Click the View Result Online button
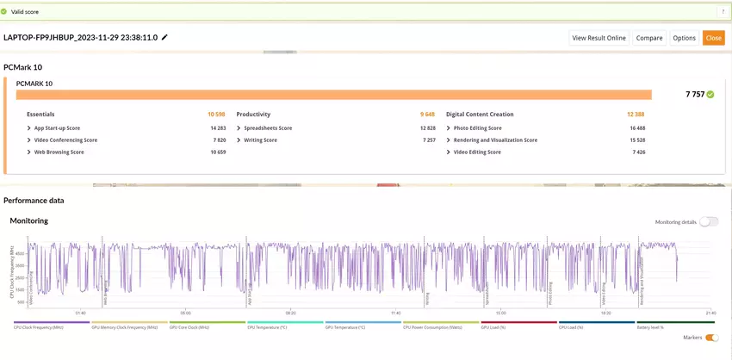pyautogui.click(x=599, y=38)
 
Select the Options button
pyautogui.click(x=685, y=38)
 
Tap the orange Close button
pyautogui.click(x=713, y=38)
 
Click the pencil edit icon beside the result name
pyautogui.click(x=164, y=38)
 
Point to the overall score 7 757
pyautogui.click(x=694, y=94)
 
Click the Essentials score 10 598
pyautogui.click(x=216, y=115)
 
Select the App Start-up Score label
pyautogui.click(x=57, y=127)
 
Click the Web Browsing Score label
pyautogui.click(x=59, y=152)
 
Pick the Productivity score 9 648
pyautogui.click(x=427, y=115)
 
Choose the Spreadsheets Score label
pyautogui.click(x=268, y=127)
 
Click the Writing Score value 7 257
pyautogui.click(x=428, y=140)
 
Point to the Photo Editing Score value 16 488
pyautogui.click(x=637, y=127)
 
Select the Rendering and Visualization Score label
pyautogui.click(x=495, y=140)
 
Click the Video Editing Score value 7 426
pyautogui.click(x=638, y=152)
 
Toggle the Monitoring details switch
pyautogui.click(x=708, y=221)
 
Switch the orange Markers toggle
pyautogui.click(x=711, y=338)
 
